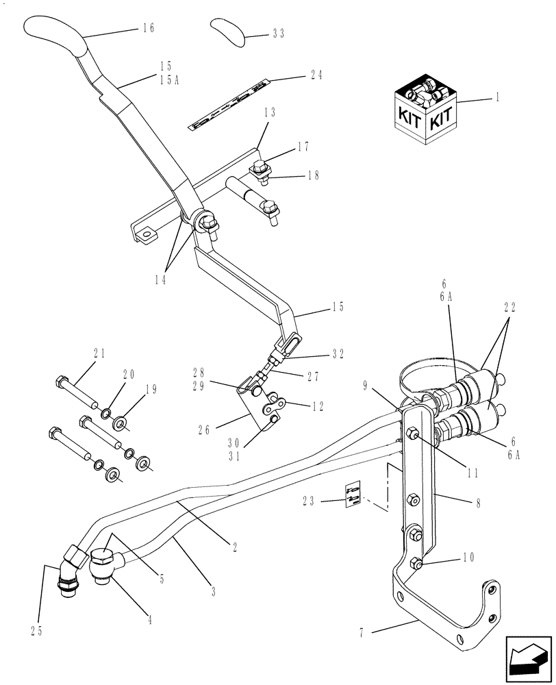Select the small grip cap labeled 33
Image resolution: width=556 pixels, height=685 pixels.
pyautogui.click(x=228, y=32)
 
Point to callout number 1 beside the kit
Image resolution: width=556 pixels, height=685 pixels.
pyautogui.click(x=497, y=98)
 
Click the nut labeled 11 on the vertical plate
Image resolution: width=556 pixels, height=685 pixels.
pyautogui.click(x=414, y=434)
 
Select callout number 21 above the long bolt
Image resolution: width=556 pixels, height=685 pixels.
pyautogui.click(x=99, y=353)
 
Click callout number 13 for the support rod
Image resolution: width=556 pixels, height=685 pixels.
pyautogui.click(x=269, y=113)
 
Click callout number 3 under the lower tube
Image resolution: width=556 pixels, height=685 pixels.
pyautogui.click(x=213, y=592)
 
